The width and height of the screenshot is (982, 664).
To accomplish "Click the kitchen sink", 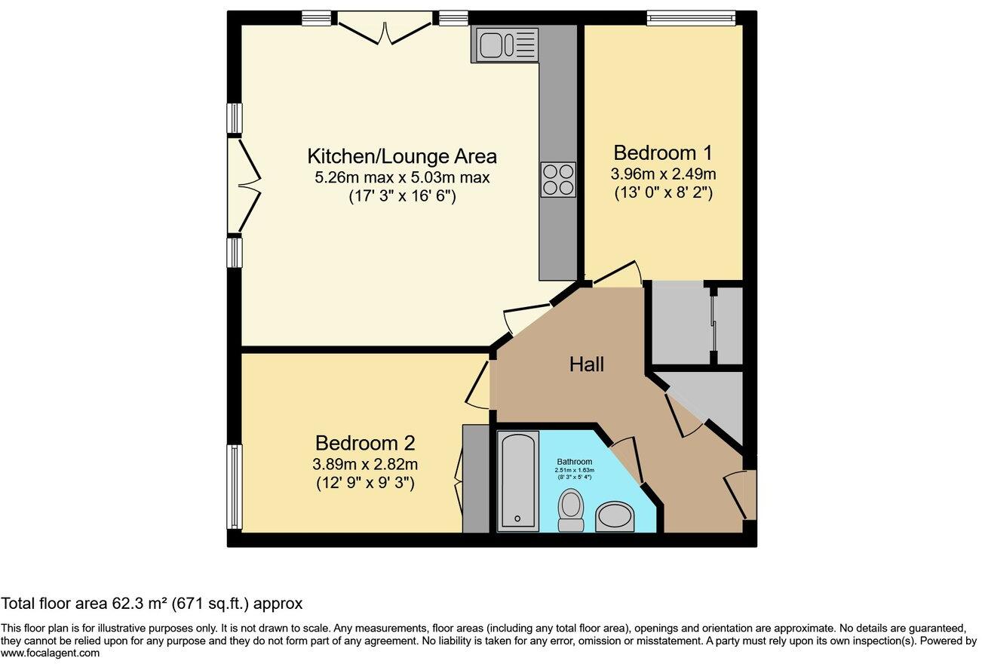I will (x=505, y=44).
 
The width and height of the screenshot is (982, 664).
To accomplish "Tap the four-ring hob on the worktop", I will (x=557, y=180).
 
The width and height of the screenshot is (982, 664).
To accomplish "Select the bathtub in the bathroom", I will (x=518, y=480).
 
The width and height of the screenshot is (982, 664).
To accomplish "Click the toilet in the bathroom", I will (x=572, y=511).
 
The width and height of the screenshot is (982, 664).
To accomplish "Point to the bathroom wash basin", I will (x=615, y=518).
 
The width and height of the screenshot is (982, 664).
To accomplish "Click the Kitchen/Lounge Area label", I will (x=402, y=156).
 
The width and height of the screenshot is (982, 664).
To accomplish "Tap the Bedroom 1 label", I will (x=662, y=152).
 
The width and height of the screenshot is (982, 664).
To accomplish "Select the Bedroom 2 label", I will (x=365, y=443).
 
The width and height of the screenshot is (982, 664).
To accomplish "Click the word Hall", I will (x=586, y=365).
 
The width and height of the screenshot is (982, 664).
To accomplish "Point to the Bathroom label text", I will (x=575, y=462).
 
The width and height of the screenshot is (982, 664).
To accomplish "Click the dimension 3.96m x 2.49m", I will (x=662, y=174).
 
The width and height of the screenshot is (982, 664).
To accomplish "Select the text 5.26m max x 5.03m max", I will (x=402, y=178).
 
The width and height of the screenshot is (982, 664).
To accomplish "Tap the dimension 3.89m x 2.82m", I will (x=365, y=464).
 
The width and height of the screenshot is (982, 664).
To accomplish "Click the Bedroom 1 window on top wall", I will (x=690, y=17).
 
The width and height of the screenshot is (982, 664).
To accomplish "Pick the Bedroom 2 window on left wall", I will (x=235, y=487).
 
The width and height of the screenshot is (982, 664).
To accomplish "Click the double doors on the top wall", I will (x=385, y=29).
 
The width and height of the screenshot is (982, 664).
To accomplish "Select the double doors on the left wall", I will (x=245, y=186).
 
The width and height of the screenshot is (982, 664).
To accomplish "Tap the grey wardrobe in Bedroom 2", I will (x=476, y=478).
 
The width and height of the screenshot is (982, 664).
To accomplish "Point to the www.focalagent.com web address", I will (x=50, y=653).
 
